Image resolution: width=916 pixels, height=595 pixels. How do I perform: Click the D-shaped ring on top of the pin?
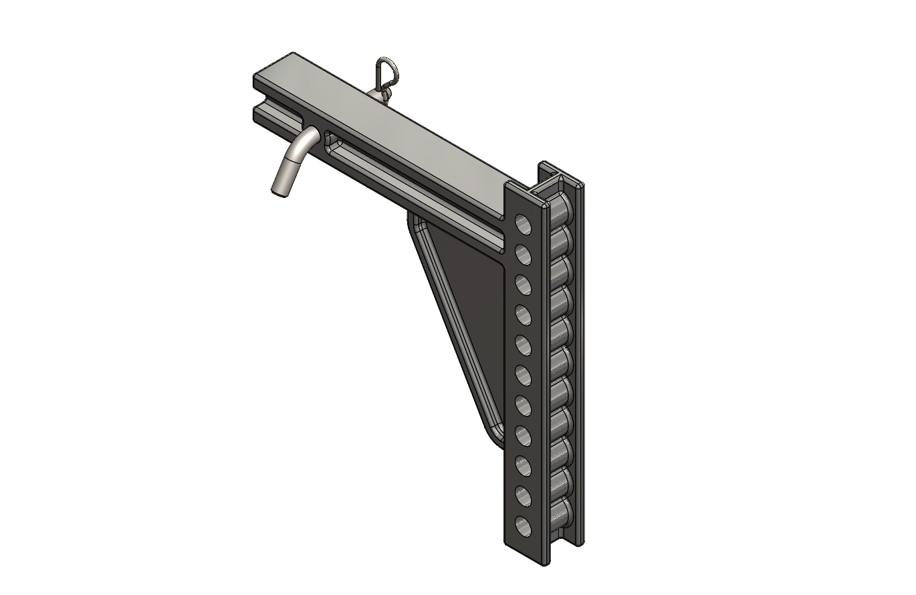384,68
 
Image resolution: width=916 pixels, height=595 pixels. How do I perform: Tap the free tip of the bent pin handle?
278,190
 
